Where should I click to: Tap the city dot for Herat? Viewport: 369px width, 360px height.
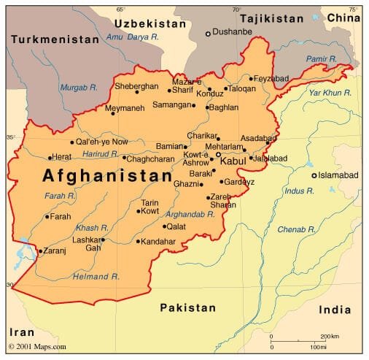coord(50,158)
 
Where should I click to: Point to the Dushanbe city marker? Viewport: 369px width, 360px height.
coord(208,34)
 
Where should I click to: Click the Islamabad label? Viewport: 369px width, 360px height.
coord(340,175)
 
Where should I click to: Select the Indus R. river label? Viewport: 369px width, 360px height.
coord(300,191)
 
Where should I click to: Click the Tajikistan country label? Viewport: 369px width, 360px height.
coord(271,18)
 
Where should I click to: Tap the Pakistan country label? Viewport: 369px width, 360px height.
coord(188,307)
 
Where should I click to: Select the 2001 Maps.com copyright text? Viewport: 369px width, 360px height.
coord(37,346)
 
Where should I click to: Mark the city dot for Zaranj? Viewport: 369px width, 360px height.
coord(39,250)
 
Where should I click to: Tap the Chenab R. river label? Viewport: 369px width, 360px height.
coord(295,230)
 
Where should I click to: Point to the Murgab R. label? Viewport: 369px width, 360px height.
coord(79,87)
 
